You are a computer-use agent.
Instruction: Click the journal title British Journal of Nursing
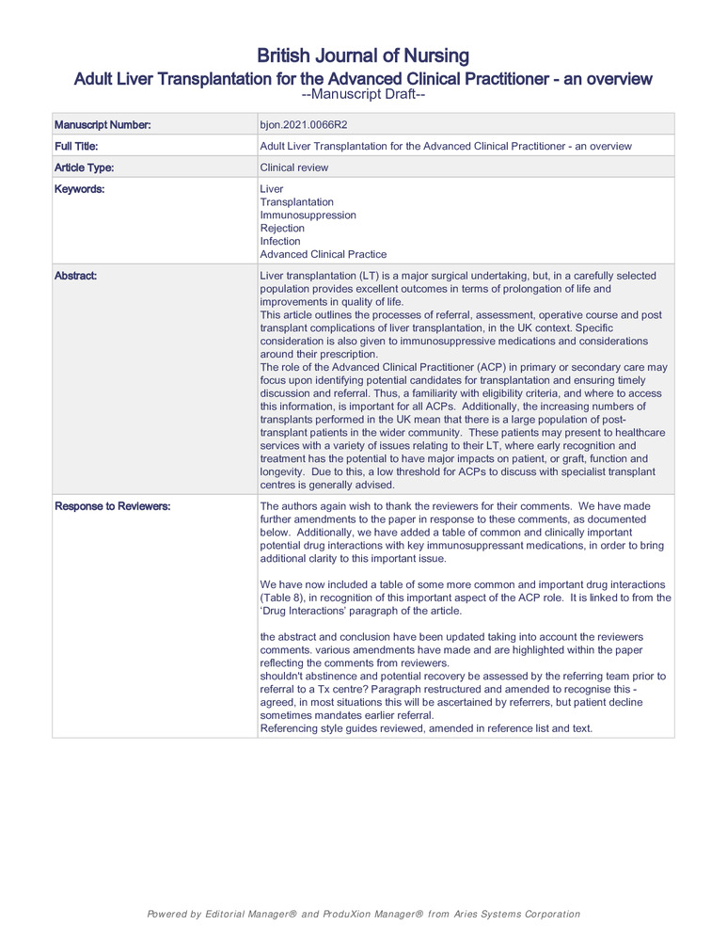coord(363,56)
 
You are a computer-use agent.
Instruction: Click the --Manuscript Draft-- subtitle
coord(363,95)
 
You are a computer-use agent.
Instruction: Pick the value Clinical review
coord(294,167)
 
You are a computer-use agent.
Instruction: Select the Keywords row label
coord(79,189)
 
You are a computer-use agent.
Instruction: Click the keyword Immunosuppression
coord(308,215)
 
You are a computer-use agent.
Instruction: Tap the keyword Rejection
coord(282,229)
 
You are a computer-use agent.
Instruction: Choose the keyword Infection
coord(280,241)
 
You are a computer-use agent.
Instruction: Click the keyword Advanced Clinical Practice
coord(323,254)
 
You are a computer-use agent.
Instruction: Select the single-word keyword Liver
coord(271,189)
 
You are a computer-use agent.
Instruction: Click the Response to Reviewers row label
coord(112,506)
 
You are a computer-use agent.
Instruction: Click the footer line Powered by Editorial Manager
coord(363,914)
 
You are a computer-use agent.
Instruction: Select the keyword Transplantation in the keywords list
coord(296,202)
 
